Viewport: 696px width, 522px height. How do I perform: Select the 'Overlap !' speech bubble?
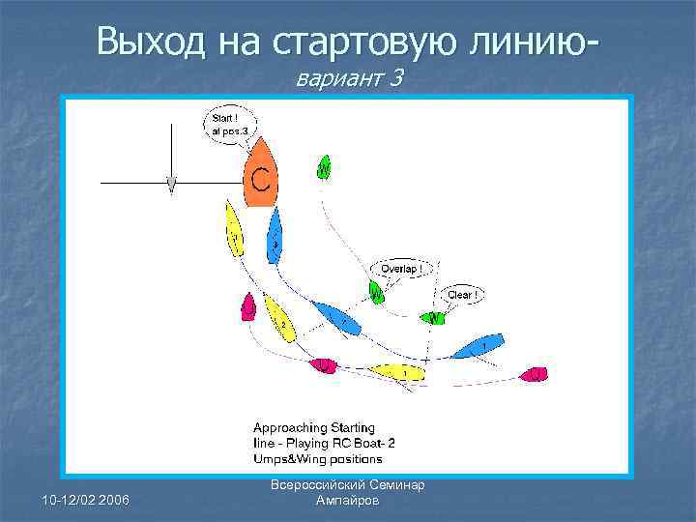click(400, 268)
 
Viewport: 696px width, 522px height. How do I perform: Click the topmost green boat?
click(324, 168)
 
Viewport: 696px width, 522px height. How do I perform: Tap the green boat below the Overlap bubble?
click(376, 291)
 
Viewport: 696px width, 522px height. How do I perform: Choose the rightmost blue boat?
click(480, 343)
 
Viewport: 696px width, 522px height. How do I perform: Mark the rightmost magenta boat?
click(534, 374)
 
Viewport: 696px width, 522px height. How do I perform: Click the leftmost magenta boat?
click(248, 306)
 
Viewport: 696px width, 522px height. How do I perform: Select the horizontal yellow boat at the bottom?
click(396, 371)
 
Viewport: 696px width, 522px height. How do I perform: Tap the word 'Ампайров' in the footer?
click(349, 502)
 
